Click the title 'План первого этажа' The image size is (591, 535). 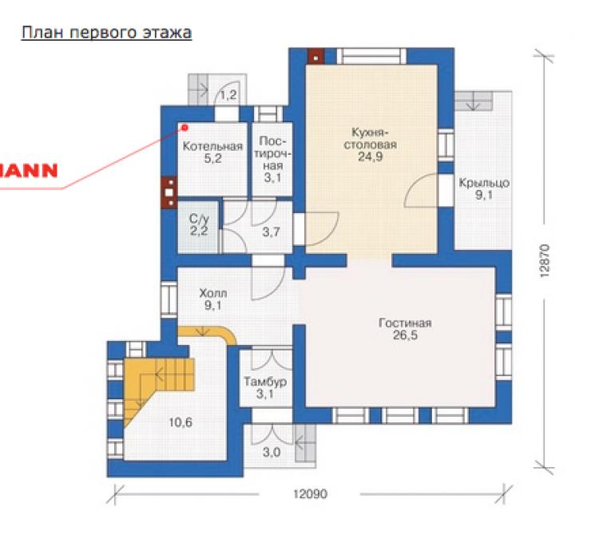(x=107, y=33)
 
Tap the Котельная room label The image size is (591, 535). (x=212, y=146)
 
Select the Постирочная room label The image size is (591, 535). (x=272, y=153)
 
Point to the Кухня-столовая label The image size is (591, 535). (x=370, y=138)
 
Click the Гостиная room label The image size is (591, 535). (x=405, y=323)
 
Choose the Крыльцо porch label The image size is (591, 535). (x=484, y=183)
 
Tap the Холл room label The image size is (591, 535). (x=213, y=293)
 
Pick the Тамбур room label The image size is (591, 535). (x=265, y=382)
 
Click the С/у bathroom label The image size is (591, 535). (x=199, y=219)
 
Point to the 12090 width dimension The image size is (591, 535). (x=310, y=493)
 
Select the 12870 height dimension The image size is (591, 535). (x=545, y=261)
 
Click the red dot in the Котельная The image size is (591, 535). (x=184, y=128)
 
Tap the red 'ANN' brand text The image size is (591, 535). (x=29, y=171)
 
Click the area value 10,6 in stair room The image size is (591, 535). (x=180, y=422)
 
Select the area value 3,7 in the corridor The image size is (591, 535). (x=271, y=232)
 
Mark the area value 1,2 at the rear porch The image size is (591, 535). (x=228, y=94)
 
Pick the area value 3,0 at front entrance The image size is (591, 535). (x=272, y=452)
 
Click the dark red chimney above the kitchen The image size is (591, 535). (x=315, y=57)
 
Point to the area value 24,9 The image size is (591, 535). (x=370, y=157)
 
